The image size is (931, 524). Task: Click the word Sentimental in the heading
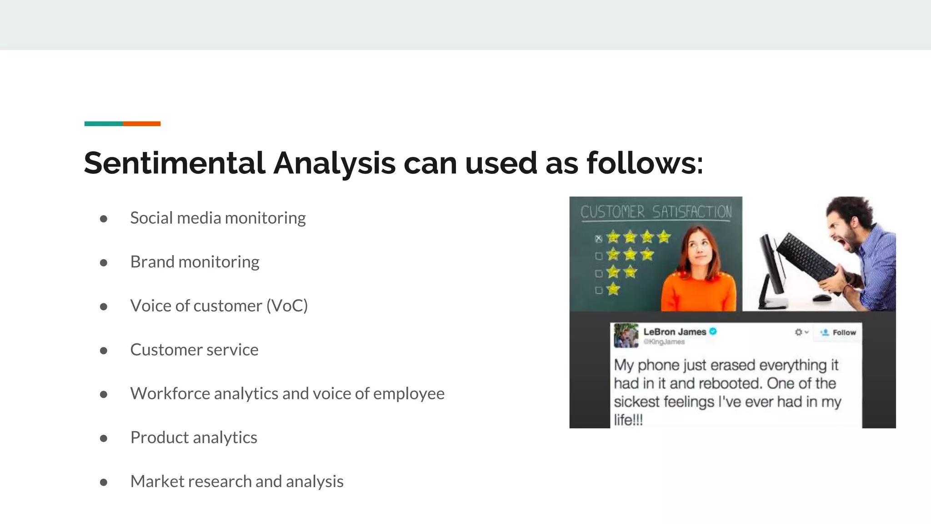175,163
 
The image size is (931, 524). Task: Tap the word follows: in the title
645,163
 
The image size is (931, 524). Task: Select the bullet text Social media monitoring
218,218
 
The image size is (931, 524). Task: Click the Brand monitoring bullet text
195,262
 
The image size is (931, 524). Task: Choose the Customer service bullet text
194,350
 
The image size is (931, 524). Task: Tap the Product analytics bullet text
194,438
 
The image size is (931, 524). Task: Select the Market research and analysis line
237,481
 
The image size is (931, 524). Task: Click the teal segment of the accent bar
103,124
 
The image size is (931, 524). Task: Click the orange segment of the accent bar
141,124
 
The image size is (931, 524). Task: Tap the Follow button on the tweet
839,333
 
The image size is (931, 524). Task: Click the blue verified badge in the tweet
713,332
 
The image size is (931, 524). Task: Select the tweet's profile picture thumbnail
626,336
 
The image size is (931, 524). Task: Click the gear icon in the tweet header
799,333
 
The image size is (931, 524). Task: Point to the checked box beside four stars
599,238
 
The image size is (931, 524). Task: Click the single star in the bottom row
613,289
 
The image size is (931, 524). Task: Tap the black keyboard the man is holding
807,263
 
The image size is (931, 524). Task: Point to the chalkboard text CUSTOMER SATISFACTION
656,212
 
